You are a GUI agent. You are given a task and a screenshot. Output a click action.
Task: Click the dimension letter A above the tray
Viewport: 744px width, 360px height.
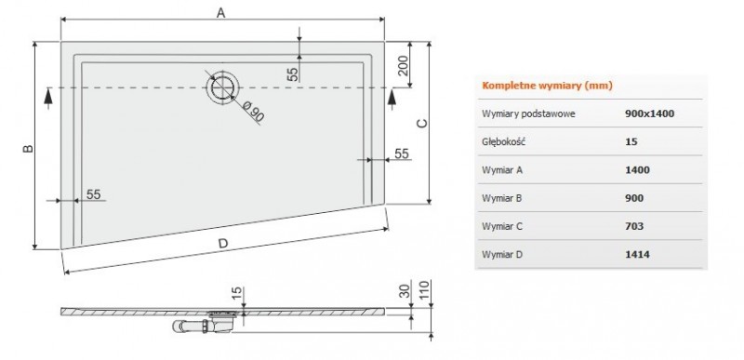(220, 12)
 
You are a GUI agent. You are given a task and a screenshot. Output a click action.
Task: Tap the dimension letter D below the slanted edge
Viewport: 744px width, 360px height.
(222, 244)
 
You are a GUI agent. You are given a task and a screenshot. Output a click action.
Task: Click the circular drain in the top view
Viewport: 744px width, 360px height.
(221, 87)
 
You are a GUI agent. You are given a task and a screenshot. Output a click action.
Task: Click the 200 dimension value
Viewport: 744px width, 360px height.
(403, 64)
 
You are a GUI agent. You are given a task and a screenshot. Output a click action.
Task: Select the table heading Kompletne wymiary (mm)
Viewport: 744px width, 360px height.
(533, 86)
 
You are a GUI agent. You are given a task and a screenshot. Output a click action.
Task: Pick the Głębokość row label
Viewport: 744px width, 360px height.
(504, 141)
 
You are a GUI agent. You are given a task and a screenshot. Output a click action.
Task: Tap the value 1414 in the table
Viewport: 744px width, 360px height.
(638, 253)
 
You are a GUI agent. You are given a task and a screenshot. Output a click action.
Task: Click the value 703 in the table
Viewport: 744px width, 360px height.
(635, 225)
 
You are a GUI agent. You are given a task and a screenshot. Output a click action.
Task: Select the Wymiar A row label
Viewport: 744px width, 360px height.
(503, 169)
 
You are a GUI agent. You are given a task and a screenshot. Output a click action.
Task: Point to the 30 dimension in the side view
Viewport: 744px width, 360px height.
(404, 291)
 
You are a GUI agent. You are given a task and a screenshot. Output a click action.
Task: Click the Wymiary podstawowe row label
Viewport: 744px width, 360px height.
(528, 113)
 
